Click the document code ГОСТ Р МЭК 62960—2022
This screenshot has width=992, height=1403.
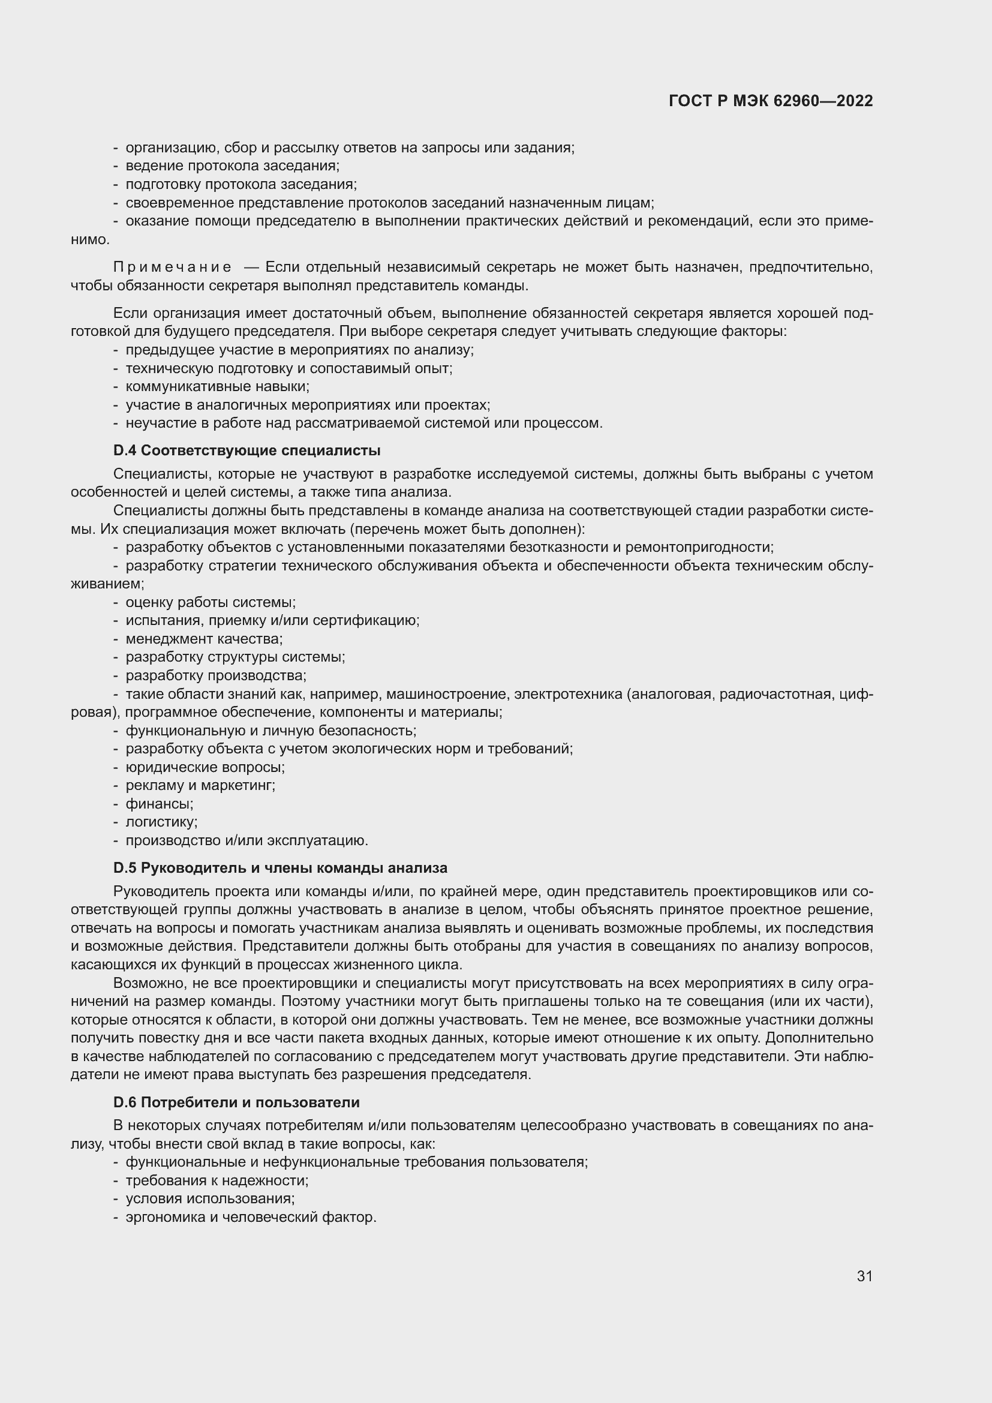click(770, 101)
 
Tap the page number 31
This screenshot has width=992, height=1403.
click(864, 1276)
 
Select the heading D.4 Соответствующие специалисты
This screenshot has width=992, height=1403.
click(247, 450)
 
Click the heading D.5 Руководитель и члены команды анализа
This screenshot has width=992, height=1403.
click(279, 868)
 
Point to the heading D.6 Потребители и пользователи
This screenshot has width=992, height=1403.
click(236, 1102)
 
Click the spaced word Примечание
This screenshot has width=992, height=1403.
click(172, 267)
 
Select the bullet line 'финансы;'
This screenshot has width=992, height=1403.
click(159, 804)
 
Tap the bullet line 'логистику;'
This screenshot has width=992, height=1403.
click(161, 822)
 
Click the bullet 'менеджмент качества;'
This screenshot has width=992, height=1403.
click(204, 639)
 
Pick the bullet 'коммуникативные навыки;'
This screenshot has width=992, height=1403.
click(218, 386)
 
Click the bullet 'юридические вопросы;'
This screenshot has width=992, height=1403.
click(205, 767)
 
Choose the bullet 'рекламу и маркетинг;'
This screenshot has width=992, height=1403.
click(200, 785)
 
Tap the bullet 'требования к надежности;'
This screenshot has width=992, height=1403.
click(217, 1180)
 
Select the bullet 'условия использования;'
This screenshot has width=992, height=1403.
click(210, 1199)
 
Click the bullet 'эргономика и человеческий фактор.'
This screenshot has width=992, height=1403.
click(251, 1217)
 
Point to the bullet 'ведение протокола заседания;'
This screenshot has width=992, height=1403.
click(232, 166)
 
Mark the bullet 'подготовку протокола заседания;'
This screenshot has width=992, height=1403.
click(241, 184)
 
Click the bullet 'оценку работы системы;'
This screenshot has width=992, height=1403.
click(210, 602)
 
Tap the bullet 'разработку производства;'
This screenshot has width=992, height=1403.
click(216, 675)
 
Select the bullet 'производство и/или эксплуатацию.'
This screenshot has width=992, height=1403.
click(247, 840)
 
